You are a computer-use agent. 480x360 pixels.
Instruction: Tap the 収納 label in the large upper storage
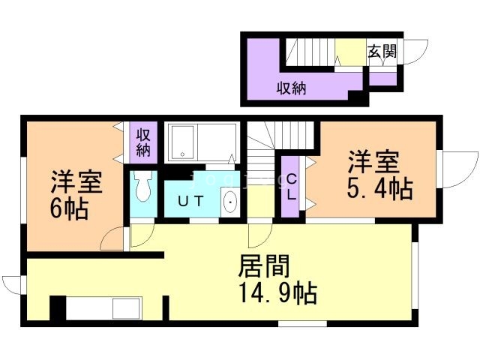click(292, 88)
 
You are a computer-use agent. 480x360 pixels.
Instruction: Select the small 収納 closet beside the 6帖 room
click(143, 142)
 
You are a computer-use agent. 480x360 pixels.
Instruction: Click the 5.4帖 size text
click(379, 189)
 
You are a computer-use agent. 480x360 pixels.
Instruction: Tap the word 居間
click(263, 266)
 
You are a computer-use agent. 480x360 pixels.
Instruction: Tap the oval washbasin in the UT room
click(229, 202)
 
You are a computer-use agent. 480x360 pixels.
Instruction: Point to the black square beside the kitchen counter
click(58, 308)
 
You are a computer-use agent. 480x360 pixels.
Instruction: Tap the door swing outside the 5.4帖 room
click(459, 169)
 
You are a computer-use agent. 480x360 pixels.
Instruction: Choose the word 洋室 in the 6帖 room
click(76, 182)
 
